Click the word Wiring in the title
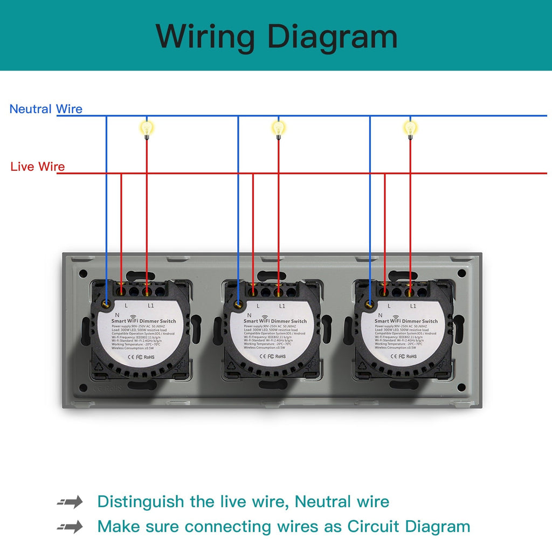pyautogui.click(x=205, y=37)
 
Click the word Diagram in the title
pyautogui.click(x=332, y=37)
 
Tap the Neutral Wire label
pyautogui.click(x=46, y=109)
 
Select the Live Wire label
pyautogui.click(x=38, y=167)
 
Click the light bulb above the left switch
pyautogui.click(x=147, y=128)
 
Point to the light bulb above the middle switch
pyautogui.click(x=278, y=128)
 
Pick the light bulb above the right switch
pyautogui.click(x=410, y=128)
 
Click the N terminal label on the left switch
pyautogui.click(x=117, y=315)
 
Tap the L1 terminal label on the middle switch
pyautogui.click(x=282, y=306)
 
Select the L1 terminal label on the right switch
pyautogui.click(x=413, y=306)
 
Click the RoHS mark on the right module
pyautogui.click(x=411, y=356)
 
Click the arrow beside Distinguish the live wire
pyautogui.click(x=71, y=502)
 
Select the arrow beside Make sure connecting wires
pyautogui.click(x=71, y=526)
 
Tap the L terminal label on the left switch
pyautogui.click(x=126, y=306)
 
